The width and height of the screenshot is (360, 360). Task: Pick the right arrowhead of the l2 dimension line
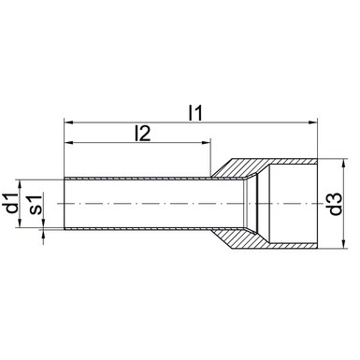[x=206, y=144]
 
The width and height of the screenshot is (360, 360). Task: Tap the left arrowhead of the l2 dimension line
[x=68, y=144]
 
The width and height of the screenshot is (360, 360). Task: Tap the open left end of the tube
[x=64, y=203]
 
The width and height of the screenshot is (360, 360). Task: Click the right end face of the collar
[x=317, y=203]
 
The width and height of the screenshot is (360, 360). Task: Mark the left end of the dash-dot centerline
[x=49, y=203]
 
